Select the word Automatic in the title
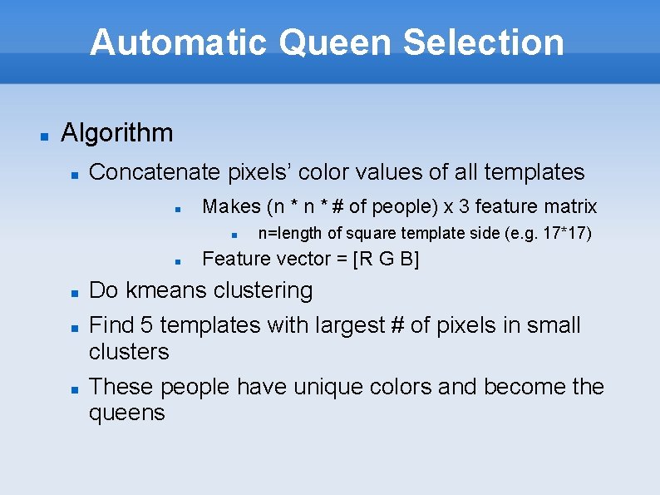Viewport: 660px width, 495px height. pos(180,42)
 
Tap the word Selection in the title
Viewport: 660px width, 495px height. pos(484,42)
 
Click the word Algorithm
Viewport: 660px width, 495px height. pos(117,133)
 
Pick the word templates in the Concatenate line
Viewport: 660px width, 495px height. pos(534,172)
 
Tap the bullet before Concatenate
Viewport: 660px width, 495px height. pos(74,174)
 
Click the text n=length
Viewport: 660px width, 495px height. pos(290,234)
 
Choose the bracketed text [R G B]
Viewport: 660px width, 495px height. pos(387,259)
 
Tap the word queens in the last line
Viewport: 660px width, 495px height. pos(127,413)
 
